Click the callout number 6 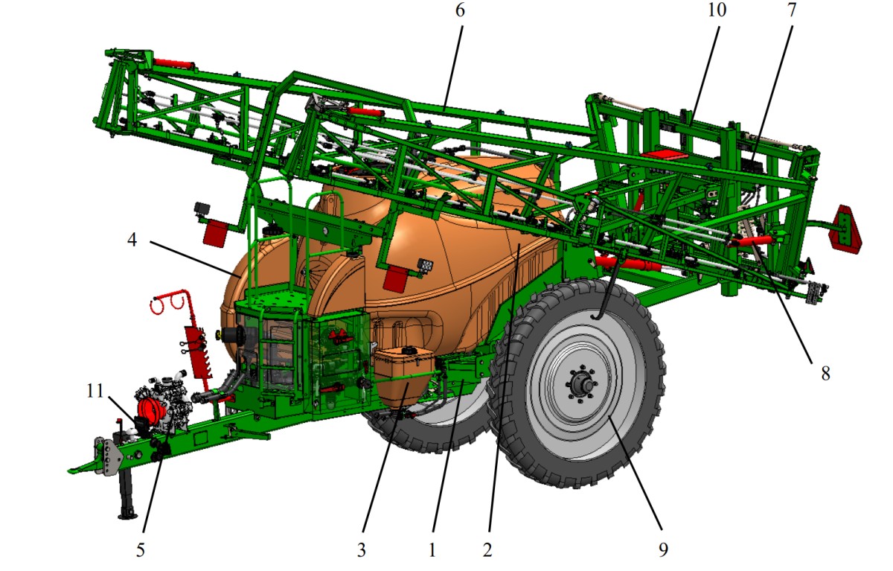460,10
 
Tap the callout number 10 717,10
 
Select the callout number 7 792,10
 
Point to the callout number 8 825,374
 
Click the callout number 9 663,550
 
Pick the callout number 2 487,550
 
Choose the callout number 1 432,550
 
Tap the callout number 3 362,550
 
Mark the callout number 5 141,550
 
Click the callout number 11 95,391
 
